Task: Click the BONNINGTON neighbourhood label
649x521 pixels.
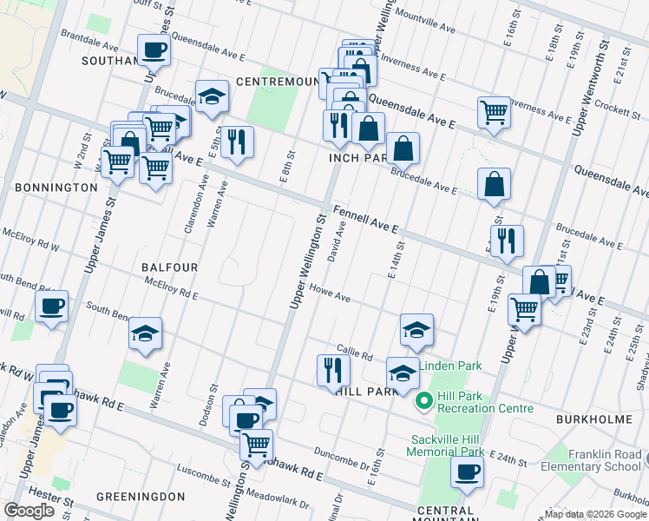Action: [x=56, y=187]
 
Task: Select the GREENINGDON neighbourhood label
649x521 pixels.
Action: [x=141, y=496]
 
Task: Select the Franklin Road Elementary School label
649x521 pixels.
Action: [x=604, y=460]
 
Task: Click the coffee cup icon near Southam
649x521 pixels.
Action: [x=154, y=49]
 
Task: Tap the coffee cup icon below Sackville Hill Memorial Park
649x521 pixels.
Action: [x=467, y=472]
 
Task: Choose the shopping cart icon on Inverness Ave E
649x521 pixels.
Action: [x=493, y=110]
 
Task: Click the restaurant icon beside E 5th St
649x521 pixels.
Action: [x=237, y=142]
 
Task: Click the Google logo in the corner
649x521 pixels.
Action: [x=29, y=511]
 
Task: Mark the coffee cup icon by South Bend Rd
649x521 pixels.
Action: [x=51, y=306]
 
